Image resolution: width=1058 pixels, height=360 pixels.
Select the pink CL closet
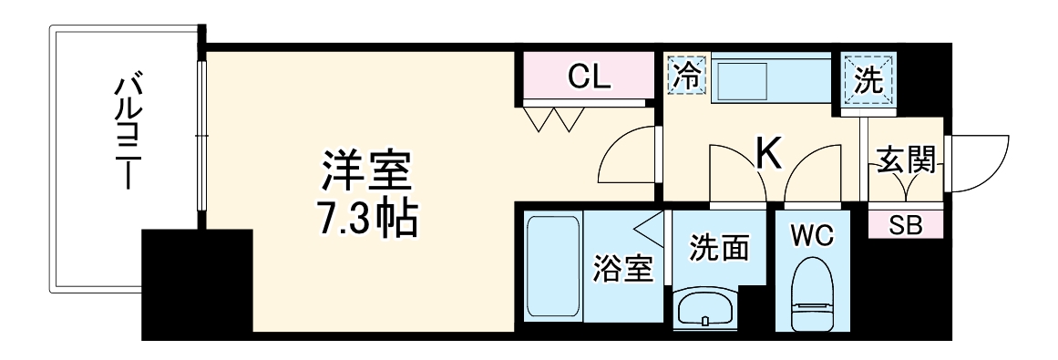point(588,77)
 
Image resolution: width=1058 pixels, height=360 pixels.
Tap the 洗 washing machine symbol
point(869,80)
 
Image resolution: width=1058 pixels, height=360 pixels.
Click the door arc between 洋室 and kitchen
point(627,159)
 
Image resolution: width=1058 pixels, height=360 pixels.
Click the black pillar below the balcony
point(197,283)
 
